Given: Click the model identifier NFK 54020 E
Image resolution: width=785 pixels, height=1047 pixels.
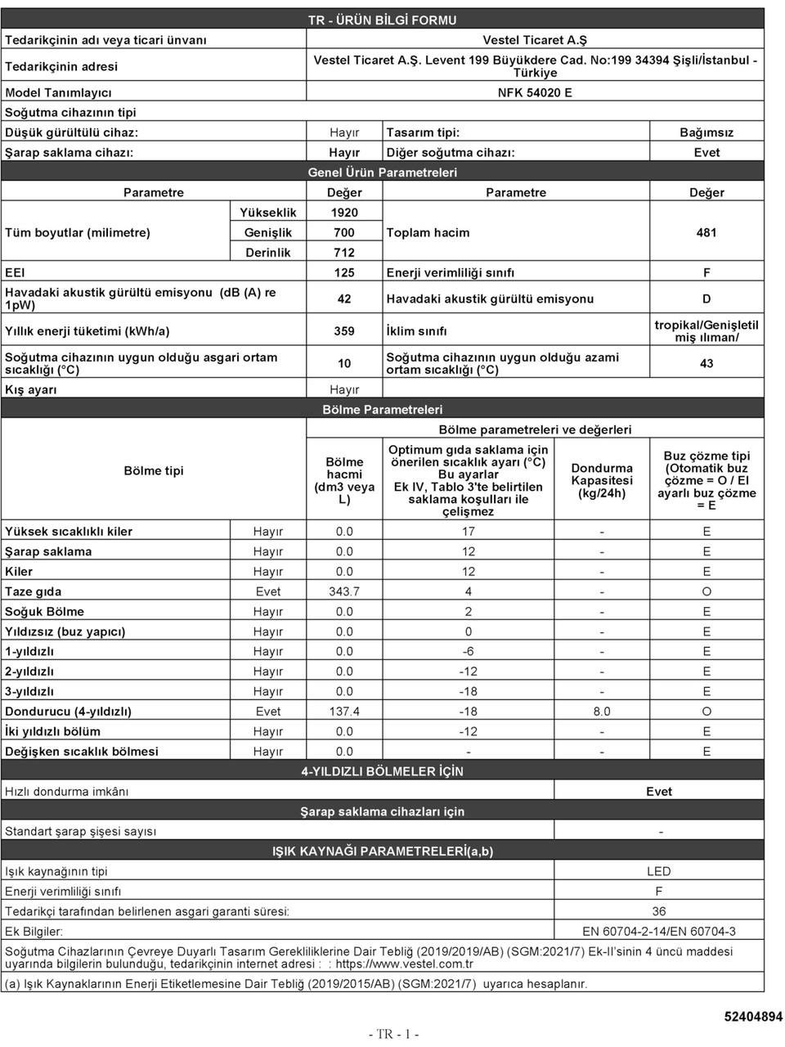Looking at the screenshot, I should pos(535,92).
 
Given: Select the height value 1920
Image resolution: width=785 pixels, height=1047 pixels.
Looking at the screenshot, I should pos(344,213).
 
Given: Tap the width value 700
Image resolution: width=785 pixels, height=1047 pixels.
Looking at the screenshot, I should pos(344,232).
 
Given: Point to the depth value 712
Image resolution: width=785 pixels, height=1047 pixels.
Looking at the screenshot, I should pos(344,253).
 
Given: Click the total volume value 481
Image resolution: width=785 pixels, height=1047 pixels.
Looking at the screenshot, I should pos(706,232).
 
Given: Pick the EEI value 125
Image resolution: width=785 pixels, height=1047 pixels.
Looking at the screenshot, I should pos(344,272).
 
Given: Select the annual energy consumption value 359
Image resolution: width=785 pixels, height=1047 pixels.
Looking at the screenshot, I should pos(344,331).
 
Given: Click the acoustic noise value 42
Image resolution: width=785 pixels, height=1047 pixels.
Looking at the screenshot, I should pos(344,299).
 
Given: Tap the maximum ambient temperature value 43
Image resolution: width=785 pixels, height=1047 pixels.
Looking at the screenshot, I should pos(706,363).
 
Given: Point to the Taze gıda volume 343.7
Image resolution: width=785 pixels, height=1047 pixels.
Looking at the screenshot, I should pos(344,591).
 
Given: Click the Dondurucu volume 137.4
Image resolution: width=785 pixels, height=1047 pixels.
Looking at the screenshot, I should pos(344,712).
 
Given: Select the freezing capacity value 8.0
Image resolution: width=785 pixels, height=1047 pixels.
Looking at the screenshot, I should pos(602,712).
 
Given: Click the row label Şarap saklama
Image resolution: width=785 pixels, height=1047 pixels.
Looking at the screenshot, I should pos(48,551).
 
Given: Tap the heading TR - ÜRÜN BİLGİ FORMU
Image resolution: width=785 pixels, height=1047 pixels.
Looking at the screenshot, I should pos(382,20).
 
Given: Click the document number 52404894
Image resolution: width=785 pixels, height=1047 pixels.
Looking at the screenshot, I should pos(752,1017).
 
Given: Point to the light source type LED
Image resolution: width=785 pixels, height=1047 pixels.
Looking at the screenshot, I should pos(658,871).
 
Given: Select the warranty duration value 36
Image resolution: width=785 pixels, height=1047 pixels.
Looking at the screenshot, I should pos(658,911).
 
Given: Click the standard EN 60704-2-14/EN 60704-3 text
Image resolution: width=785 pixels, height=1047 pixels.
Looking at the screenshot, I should pos(658,931).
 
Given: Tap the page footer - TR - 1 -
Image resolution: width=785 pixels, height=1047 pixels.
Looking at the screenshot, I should pos(393,1034).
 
